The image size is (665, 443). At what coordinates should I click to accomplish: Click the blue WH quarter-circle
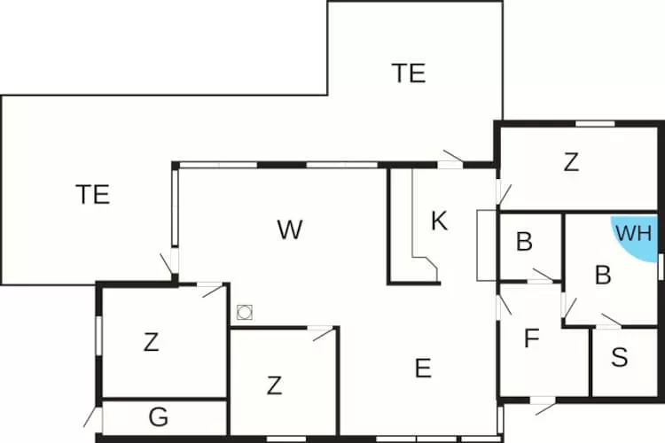635,237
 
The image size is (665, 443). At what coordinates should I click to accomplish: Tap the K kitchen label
439,221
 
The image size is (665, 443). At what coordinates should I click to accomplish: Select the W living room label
290,229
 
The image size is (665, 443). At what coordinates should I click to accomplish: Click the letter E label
423,368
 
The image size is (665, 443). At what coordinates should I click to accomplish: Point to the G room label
159,416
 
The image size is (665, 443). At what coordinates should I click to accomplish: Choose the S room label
620,357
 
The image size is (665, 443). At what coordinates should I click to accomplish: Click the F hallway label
532,338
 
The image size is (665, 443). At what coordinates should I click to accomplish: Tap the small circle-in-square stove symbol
245,313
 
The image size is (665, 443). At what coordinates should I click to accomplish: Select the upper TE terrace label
409,73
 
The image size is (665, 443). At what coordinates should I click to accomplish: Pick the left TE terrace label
93,194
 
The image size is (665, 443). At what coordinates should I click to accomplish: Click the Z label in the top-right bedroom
571,162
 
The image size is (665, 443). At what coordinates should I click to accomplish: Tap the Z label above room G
151,342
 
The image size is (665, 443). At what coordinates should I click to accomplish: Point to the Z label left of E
274,385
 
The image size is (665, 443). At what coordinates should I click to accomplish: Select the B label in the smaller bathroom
524,242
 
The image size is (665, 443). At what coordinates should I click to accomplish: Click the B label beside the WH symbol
603,275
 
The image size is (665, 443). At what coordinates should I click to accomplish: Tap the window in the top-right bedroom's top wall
595,124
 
